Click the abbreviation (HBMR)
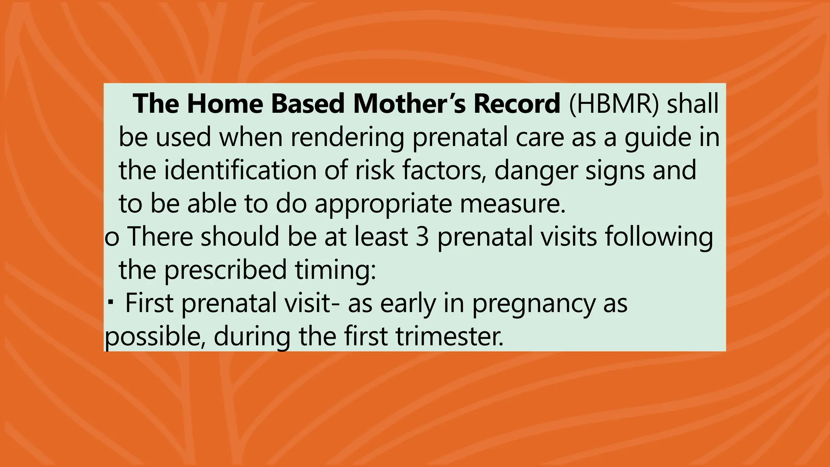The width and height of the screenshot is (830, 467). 614,103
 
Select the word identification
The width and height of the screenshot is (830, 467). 240,170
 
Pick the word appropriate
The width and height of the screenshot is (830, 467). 383,204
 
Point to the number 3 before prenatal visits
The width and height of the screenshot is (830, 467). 422,237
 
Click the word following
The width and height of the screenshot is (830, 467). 659,238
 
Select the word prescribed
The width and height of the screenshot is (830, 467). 225,270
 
